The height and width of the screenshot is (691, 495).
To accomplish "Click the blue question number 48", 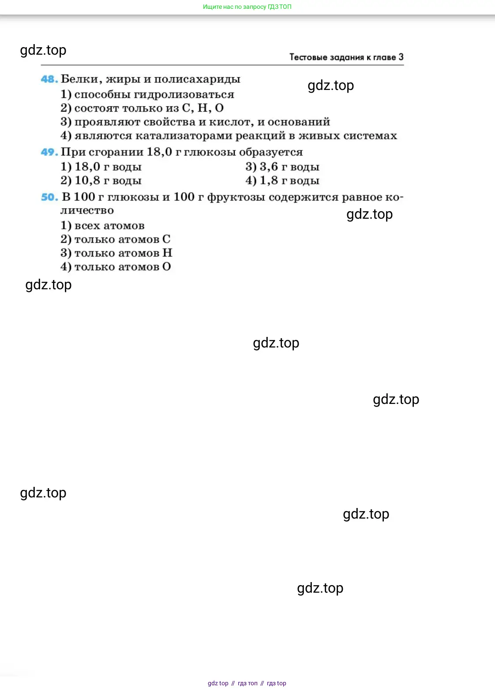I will (x=49, y=79).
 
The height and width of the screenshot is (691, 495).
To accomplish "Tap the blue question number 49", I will (x=49, y=152).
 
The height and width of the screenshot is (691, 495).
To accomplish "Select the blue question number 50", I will (x=49, y=197).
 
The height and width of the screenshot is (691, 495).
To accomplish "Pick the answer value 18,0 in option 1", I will (x=87, y=167).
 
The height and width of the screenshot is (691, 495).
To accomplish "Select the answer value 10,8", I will (x=87, y=180).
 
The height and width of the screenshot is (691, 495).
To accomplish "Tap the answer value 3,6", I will (x=269, y=167).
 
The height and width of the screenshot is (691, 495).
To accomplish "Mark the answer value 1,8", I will (x=269, y=180).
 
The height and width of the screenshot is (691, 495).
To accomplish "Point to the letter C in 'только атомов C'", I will (x=166, y=239).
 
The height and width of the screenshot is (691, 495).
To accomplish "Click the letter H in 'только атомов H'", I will (x=167, y=253).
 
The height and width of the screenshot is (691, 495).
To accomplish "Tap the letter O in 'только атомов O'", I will (x=166, y=266).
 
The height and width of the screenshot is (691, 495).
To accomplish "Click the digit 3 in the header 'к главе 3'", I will (x=401, y=57).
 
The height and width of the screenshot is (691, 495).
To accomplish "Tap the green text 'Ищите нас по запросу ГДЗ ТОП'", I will (x=247, y=7).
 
